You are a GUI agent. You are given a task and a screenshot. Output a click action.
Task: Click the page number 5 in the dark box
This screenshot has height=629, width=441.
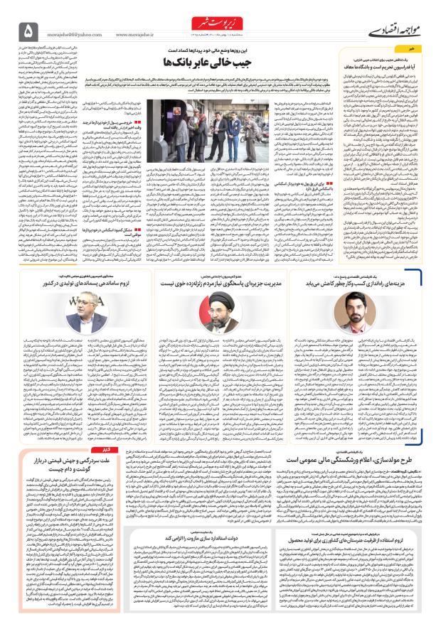(x=28, y=31)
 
